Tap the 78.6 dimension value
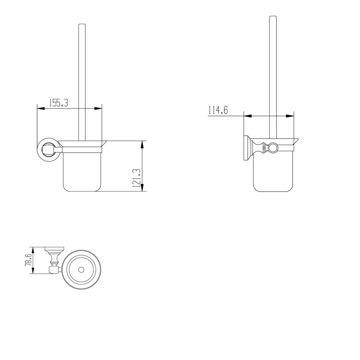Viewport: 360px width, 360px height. (x=28, y=260)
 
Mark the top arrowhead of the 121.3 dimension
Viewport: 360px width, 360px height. (x=142, y=144)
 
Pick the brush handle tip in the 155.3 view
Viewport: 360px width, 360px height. (x=82, y=25)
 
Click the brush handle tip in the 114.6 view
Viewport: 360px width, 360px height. (x=273, y=17)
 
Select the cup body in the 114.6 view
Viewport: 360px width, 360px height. (x=272, y=173)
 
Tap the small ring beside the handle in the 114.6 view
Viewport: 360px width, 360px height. (x=273, y=147)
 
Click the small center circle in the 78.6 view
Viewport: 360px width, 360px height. (x=81, y=270)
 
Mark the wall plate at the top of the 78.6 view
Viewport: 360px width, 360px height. (x=54, y=248)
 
